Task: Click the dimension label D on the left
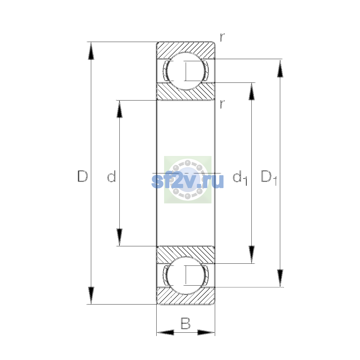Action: tap(82, 176)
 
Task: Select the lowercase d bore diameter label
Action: tap(112, 176)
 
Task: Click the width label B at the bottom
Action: tap(185, 323)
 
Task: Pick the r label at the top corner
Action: tap(222, 37)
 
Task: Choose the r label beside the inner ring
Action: tap(222, 104)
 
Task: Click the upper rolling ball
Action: tap(185, 71)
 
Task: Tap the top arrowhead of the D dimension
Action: tap(91, 51)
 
